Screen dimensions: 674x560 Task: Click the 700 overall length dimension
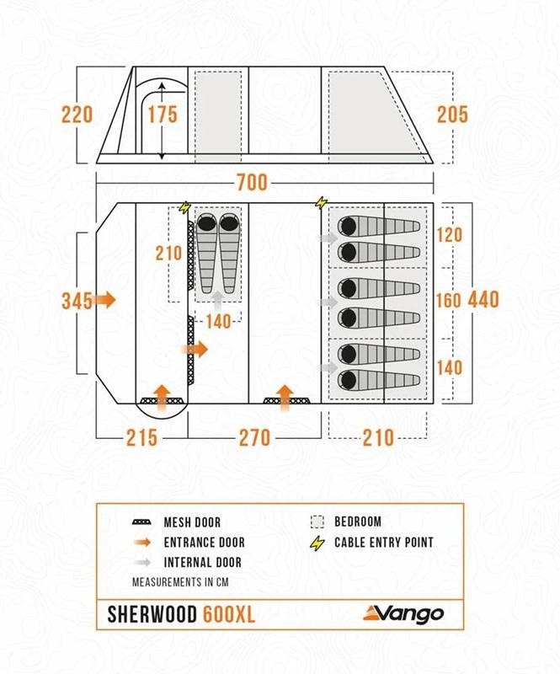point(252,183)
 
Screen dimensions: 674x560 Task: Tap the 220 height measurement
point(77,114)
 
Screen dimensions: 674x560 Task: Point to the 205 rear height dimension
point(452,114)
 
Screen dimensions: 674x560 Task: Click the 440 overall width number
point(483,300)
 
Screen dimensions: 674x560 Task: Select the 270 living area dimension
point(254,437)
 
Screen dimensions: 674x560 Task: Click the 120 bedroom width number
point(450,235)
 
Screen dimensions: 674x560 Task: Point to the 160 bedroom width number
point(450,300)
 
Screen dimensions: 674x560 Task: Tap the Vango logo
point(403,612)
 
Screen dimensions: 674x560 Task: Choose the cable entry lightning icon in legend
point(317,543)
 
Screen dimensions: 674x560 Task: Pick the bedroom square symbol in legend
point(317,522)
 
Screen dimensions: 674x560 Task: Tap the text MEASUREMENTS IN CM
point(180,581)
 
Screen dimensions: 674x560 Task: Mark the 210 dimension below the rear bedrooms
point(378,437)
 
